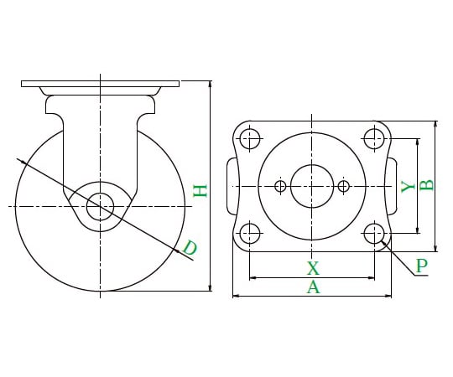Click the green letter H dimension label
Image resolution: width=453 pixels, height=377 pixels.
coord(200,191)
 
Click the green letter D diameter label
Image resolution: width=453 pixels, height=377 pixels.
coord(190,248)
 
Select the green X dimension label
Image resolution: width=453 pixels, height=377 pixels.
coord(313,268)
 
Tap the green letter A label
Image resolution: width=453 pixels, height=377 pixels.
coord(313,287)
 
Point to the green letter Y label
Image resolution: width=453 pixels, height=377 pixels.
coord(409,187)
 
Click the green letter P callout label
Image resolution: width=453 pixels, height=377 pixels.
coord(422,266)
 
